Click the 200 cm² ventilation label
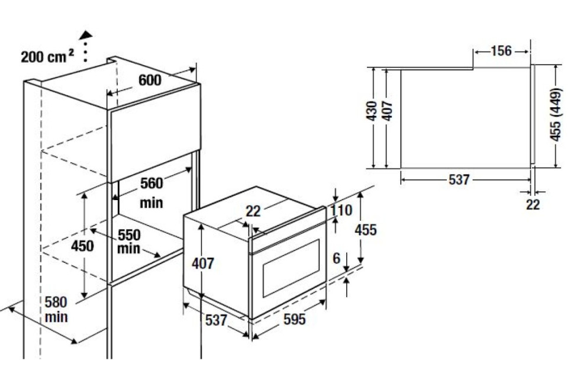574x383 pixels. click(47, 56)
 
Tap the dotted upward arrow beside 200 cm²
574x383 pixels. click(86, 46)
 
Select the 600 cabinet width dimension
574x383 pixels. click(150, 80)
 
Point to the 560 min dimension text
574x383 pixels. click(151, 192)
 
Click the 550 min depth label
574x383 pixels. click(128, 242)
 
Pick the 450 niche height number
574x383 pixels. click(82, 246)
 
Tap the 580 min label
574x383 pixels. click(56, 310)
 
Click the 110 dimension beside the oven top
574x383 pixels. click(341, 210)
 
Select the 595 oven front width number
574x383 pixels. click(294, 319)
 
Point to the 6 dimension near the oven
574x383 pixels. click(337, 259)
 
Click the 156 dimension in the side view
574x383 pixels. click(501, 51)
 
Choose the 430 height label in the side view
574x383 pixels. click(372, 111)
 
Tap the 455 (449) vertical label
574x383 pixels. click(556, 115)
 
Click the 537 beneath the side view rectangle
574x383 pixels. click(459, 179)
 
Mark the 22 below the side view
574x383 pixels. click(533, 204)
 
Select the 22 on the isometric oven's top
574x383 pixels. click(253, 211)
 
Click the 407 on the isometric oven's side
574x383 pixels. click(203, 263)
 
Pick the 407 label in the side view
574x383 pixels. click(387, 111)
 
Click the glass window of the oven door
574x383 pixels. click(291, 268)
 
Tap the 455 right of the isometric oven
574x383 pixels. click(365, 230)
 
